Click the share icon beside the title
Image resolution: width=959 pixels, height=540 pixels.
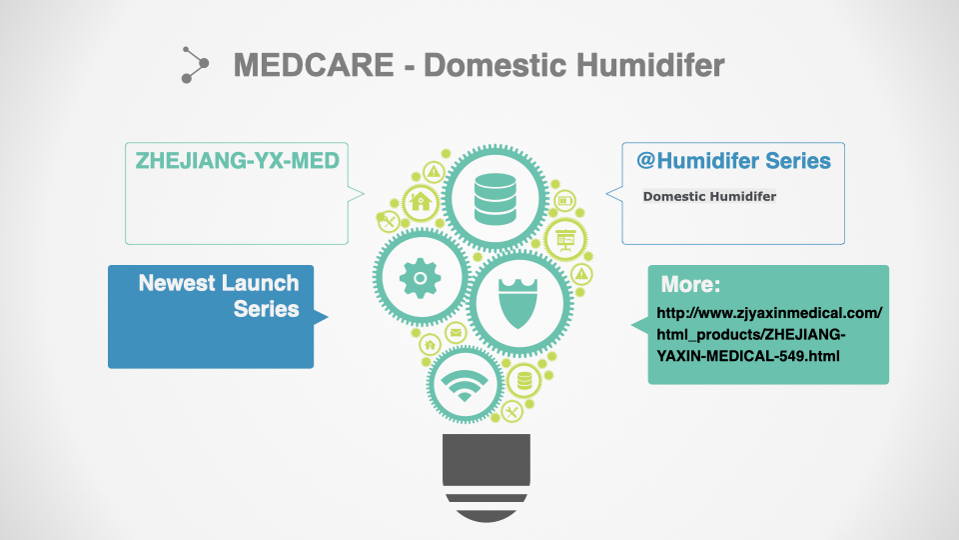click(195, 64)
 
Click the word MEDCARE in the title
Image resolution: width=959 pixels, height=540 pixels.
click(314, 65)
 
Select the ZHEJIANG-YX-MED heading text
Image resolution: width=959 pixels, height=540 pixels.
click(238, 160)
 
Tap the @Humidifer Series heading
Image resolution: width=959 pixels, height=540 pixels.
click(733, 160)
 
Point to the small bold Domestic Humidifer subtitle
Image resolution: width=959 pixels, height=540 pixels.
click(709, 197)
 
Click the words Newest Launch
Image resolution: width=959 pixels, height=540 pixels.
click(219, 283)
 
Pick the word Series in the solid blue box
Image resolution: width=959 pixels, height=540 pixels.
click(266, 309)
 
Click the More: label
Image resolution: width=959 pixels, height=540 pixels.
click(690, 284)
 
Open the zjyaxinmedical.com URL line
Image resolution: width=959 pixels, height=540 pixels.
click(769, 313)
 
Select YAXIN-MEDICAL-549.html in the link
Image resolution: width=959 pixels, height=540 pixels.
click(748, 356)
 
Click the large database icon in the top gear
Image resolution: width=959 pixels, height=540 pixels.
click(494, 199)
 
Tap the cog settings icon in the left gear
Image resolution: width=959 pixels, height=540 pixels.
click(421, 278)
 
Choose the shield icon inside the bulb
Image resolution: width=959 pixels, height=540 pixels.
click(518, 303)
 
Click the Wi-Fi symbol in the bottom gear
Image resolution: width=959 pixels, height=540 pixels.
click(465, 386)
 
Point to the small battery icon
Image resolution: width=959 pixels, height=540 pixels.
click(564, 200)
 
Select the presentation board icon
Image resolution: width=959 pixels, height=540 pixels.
click(565, 240)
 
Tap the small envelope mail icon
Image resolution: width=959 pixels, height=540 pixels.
click(456, 333)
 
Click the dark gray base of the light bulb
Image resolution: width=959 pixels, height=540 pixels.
click(486, 478)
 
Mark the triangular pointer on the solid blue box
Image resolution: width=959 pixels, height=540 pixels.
click(321, 317)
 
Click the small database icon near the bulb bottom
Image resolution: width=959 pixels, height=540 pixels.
click(524, 380)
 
